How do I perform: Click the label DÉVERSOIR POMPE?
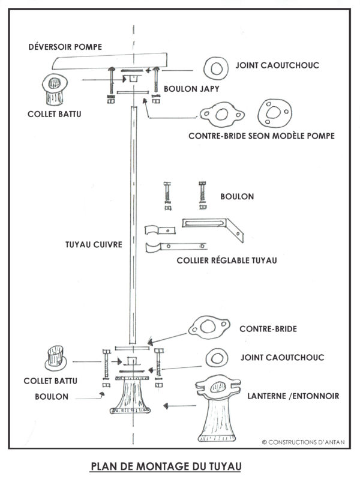tap(65, 47)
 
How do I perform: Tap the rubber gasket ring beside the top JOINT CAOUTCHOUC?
tap(216, 62)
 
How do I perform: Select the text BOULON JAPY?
tap(191, 89)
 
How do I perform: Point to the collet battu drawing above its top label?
tap(55, 89)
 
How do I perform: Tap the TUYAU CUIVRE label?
tap(94, 245)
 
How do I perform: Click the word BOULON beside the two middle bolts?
tap(237, 197)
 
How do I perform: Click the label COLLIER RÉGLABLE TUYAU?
tap(227, 261)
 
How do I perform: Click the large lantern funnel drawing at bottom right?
tap(218, 409)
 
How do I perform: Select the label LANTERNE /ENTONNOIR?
tap(293, 396)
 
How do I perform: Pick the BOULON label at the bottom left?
tap(52, 397)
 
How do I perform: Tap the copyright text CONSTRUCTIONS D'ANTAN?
tap(303, 442)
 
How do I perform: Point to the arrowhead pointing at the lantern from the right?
tap(166, 406)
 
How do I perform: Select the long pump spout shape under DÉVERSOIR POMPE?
tap(110, 62)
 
